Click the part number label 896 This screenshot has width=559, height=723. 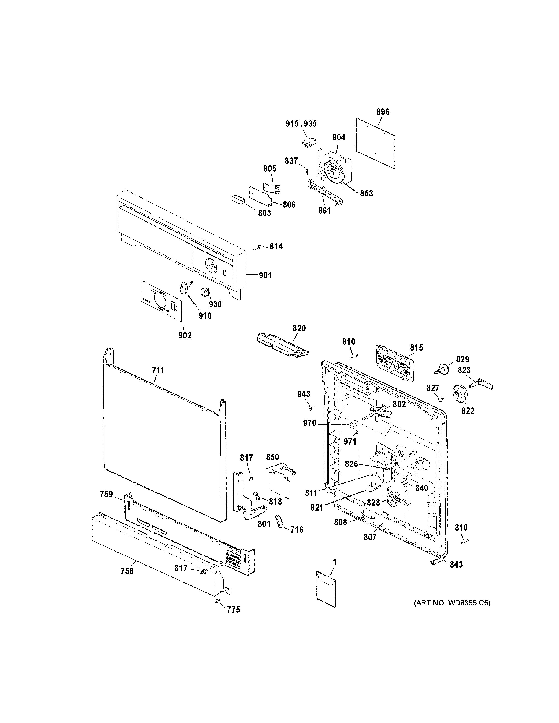coord(383,112)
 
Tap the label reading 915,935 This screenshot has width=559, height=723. coord(301,124)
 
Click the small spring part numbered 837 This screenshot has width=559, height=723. coord(307,171)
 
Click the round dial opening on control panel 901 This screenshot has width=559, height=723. coord(211,265)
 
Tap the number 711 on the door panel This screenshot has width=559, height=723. coord(158,370)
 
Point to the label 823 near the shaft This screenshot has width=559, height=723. coord(464,370)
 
